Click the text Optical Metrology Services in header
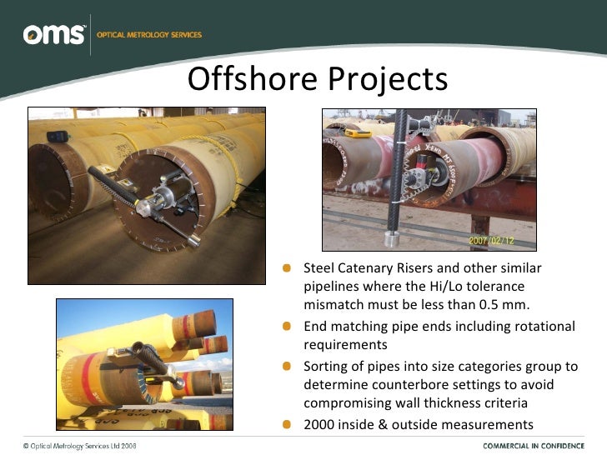pyautogui.click(x=149, y=35)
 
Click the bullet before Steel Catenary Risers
pyautogui.click(x=286, y=268)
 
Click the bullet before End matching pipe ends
pyautogui.click(x=286, y=326)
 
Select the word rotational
pyautogui.click(x=544, y=326)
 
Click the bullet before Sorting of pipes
pyautogui.click(x=286, y=366)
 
